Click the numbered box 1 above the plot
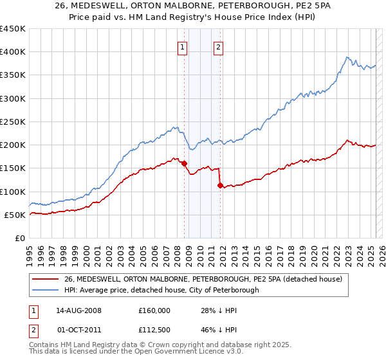(x=182, y=47)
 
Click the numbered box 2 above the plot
(x=219, y=47)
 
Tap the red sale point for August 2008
(x=184, y=163)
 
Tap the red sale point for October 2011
(x=220, y=186)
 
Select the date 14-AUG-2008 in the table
(x=78, y=310)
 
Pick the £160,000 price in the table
(x=154, y=310)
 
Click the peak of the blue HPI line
(x=346, y=57)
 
